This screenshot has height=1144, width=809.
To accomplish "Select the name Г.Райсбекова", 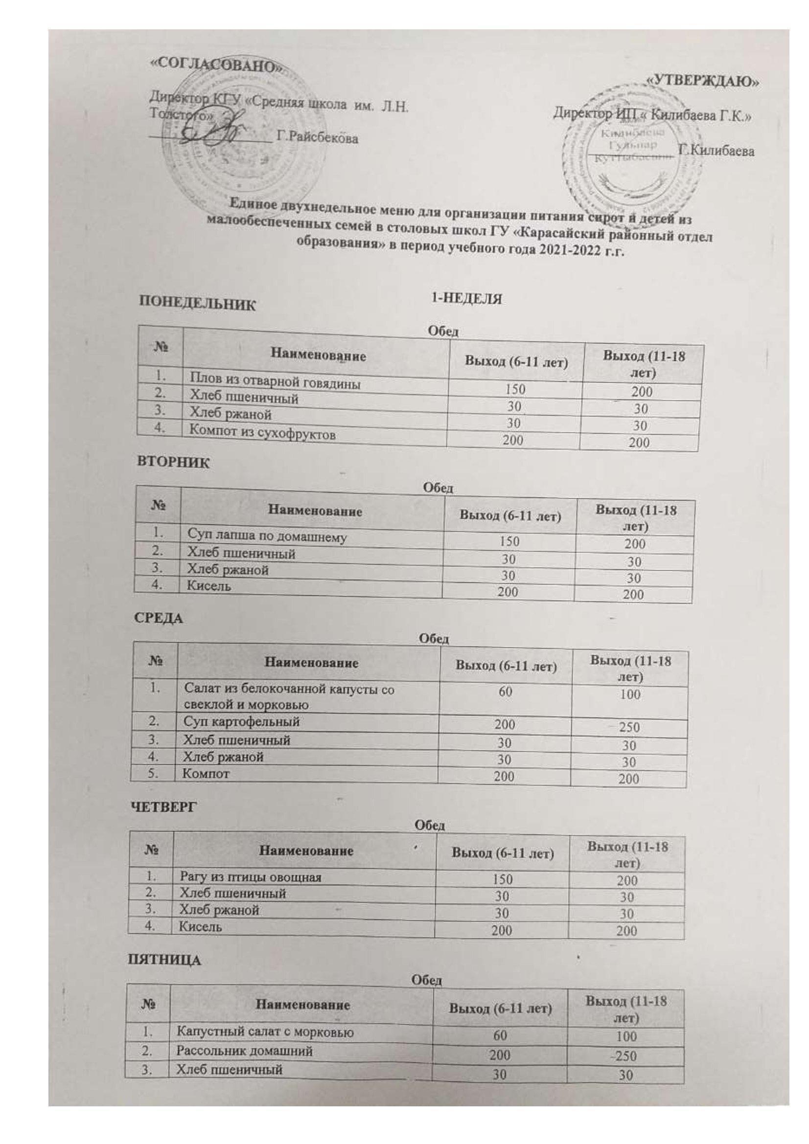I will point(318,137).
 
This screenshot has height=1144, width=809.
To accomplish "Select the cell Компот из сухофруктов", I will point(261,433).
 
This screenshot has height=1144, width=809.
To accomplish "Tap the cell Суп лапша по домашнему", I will point(267,536).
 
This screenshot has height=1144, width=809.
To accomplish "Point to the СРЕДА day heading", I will point(158,618).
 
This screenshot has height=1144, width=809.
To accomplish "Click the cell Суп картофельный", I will point(242,721).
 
